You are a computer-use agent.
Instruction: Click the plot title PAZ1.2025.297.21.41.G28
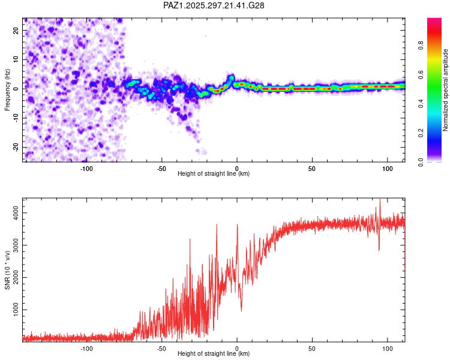coord(214,5)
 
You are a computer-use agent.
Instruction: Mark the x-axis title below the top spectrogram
coord(214,174)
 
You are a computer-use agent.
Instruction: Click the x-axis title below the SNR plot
coord(214,354)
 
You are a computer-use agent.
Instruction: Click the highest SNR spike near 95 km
coord(380,200)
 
